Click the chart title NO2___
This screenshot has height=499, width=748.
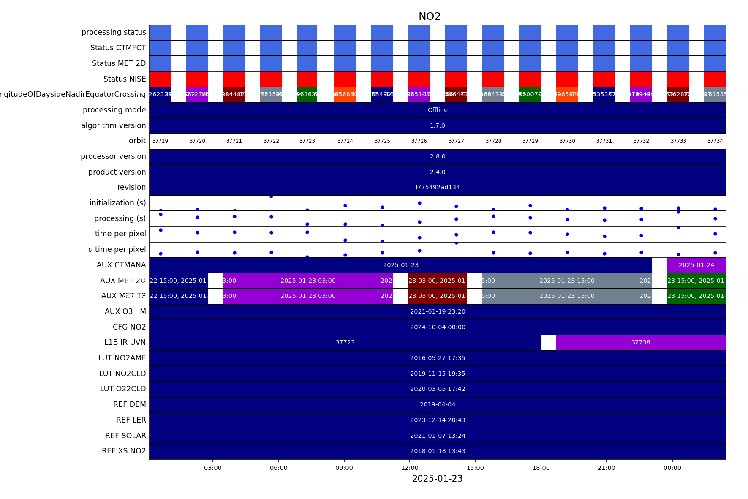click(x=437, y=16)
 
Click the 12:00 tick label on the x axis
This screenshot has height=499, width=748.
click(x=410, y=468)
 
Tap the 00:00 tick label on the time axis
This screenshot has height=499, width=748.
click(x=672, y=468)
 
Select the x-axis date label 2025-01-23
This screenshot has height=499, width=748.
click(x=437, y=479)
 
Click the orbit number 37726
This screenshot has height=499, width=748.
click(x=419, y=141)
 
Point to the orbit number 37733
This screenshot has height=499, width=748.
click(x=678, y=141)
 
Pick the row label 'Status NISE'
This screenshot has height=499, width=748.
click(x=125, y=79)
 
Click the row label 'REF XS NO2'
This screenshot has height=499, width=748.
click(x=124, y=451)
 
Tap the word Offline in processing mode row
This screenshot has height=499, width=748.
click(x=438, y=110)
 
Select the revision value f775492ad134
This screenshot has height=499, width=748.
click(x=438, y=187)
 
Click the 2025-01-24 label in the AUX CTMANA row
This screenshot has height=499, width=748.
click(x=696, y=265)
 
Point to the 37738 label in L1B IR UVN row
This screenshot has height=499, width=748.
click(x=641, y=342)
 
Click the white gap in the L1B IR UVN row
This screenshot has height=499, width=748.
click(x=549, y=343)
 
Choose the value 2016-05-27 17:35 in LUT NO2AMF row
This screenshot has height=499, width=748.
click(x=438, y=358)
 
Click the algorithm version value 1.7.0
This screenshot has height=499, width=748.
click(x=438, y=125)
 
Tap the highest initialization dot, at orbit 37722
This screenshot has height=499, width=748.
click(x=271, y=196)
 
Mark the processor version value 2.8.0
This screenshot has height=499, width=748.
click(x=438, y=156)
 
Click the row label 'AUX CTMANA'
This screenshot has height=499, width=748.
click(x=121, y=265)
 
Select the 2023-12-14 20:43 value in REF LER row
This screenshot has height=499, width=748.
click(x=438, y=420)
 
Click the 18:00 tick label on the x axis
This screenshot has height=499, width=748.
click(x=541, y=468)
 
